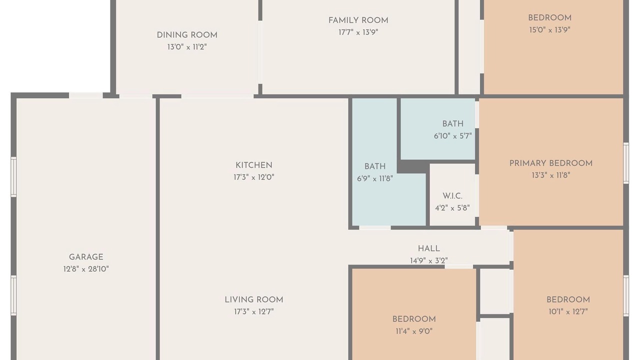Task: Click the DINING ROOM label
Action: pyautogui.click(x=187, y=35)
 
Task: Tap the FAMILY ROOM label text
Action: pyautogui.click(x=358, y=20)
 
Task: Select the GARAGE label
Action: pyautogui.click(x=86, y=257)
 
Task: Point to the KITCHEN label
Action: pyautogui.click(x=253, y=165)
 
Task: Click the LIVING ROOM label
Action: pyautogui.click(x=253, y=299)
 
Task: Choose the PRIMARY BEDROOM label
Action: pyautogui.click(x=551, y=163)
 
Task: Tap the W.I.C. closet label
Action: pyautogui.click(x=452, y=196)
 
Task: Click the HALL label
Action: pyautogui.click(x=428, y=248)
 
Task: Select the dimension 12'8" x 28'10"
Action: pyautogui.click(x=86, y=269)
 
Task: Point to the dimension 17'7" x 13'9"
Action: pyautogui.click(x=358, y=32)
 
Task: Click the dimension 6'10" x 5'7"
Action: pyautogui.click(x=452, y=136)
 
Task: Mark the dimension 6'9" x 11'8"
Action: pyautogui.click(x=375, y=178)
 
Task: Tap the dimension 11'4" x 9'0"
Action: pyautogui.click(x=414, y=331)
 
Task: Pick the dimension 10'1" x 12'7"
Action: pyautogui.click(x=568, y=311)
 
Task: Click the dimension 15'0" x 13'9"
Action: pyautogui.click(x=549, y=29)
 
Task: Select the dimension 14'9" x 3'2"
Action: pyautogui.click(x=428, y=260)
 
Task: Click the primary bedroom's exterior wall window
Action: pyautogui.click(x=625, y=163)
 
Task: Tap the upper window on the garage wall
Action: pyautogui.click(x=13, y=177)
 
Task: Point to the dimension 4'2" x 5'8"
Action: pyautogui.click(x=452, y=208)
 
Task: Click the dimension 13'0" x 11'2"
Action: pyautogui.click(x=187, y=47)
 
